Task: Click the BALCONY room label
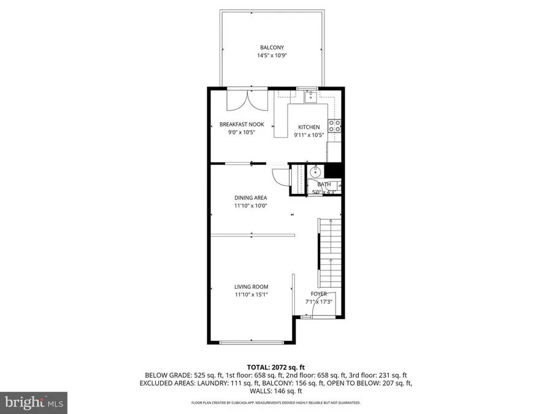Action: point(272,47)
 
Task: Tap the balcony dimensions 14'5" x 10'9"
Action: point(272,55)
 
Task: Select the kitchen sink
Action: point(311,95)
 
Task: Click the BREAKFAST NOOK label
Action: point(242,125)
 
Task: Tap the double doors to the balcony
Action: point(247,100)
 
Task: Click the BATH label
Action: point(324,184)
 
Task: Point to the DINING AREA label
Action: point(250,197)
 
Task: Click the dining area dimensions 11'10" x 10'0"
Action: point(250,206)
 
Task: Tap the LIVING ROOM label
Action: point(251,286)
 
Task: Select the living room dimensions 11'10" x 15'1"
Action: point(251,294)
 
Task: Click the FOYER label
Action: point(318,294)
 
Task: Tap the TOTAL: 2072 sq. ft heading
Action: point(275,367)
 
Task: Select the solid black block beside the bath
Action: point(332,171)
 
